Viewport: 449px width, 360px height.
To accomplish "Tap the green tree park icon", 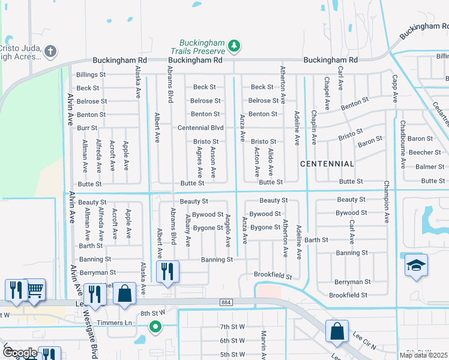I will click(x=234, y=46).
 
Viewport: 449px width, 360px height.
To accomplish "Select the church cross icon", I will click(x=51, y=51).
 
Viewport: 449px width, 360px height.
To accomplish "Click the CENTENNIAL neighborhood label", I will click(x=327, y=164).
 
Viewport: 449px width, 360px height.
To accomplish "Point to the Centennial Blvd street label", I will click(x=200, y=128).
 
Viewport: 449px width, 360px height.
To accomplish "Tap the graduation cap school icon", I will click(x=416, y=266).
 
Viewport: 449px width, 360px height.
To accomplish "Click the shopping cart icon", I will click(x=35, y=290).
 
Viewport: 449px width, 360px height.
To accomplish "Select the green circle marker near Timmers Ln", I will click(x=155, y=326).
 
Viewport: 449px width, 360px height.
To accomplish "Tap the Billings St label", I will click(x=91, y=75).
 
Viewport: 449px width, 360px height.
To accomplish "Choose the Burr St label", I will click(x=87, y=128).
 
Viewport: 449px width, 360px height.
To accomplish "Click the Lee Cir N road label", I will click(x=364, y=344).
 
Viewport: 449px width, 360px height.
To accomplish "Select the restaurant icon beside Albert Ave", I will click(x=167, y=271).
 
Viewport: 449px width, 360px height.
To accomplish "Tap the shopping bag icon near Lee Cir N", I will click(x=337, y=331).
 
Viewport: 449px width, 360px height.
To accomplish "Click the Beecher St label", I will click(x=424, y=152).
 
